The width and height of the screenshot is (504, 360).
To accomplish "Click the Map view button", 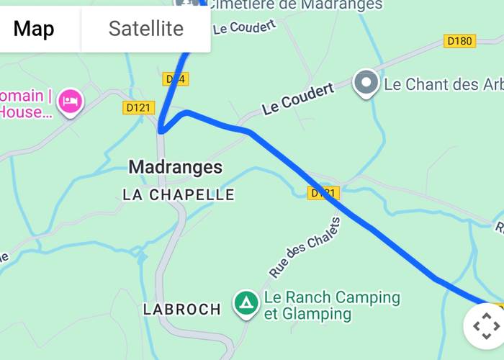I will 34,29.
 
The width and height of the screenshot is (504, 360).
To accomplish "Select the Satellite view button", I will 146,29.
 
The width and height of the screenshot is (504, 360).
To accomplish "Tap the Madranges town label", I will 175,168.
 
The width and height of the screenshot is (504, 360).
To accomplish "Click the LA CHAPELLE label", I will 179,194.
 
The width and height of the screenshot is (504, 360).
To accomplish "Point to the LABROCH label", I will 181,310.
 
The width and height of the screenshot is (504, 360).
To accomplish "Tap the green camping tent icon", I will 246,303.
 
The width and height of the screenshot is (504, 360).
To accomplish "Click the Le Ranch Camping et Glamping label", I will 331,305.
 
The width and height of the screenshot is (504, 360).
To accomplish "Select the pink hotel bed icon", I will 70,100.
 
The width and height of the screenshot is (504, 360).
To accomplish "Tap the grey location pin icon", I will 366,84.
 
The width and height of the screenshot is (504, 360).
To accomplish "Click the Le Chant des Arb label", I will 443,84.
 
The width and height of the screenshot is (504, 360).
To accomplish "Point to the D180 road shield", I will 459,41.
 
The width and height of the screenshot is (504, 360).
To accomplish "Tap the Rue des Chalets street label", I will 304,248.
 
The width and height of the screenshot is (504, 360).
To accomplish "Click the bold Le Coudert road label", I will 297,99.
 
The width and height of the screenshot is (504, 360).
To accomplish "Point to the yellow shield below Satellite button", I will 175,78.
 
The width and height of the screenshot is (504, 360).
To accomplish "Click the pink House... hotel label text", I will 26,112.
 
